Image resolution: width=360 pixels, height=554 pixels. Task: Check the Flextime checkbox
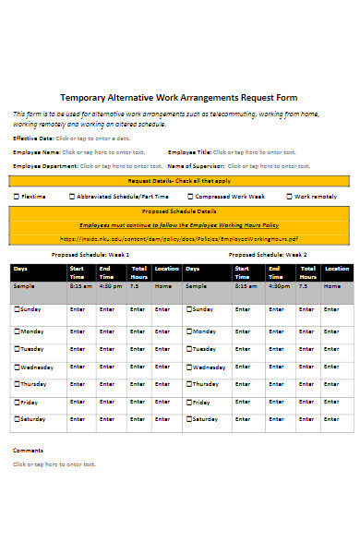[x=17, y=197]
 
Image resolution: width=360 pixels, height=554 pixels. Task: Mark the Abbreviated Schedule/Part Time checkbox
[x=73, y=197]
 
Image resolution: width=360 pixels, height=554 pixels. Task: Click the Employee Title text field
[x=255, y=151]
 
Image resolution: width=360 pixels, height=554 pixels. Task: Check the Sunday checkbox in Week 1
[x=17, y=309]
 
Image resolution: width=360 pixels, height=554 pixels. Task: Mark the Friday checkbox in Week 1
[x=17, y=403]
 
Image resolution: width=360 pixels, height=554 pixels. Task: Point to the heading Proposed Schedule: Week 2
[x=268, y=255]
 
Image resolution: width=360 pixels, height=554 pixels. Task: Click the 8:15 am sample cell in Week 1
[x=81, y=286]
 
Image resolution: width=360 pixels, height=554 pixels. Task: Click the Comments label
[x=28, y=450]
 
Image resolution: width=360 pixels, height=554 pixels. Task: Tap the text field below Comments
[x=54, y=464]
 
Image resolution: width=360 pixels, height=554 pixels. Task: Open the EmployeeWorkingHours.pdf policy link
[x=179, y=238]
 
